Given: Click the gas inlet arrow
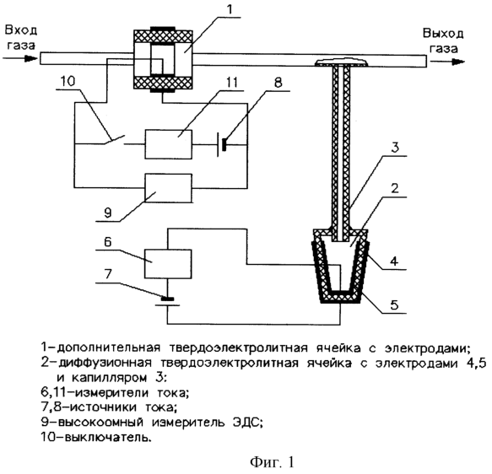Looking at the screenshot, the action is point(20,59).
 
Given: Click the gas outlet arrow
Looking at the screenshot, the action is point(447,62).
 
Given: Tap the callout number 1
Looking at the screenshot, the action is point(230,10).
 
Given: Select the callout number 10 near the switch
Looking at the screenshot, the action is point(68,81).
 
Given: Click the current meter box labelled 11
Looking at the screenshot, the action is point(168,144).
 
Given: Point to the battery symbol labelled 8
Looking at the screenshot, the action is point(222,145).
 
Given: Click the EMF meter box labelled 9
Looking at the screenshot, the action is point(168,188).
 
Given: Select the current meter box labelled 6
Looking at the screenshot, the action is point(168,264).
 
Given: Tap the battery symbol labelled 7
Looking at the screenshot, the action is point(168,302).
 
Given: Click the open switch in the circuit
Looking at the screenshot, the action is point(115,141).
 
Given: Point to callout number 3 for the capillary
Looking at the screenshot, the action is point(395,148).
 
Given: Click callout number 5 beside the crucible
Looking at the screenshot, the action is point(394,304).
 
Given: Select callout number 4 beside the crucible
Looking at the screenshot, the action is point(394,261).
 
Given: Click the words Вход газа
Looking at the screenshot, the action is point(21,38).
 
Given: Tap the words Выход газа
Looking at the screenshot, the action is point(443,40).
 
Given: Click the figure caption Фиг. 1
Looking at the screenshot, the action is point(272,462).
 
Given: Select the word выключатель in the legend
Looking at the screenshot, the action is point(108,437).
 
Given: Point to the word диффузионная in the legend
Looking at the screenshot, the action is point(105,363).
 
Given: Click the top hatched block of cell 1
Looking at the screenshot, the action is point(163,35).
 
